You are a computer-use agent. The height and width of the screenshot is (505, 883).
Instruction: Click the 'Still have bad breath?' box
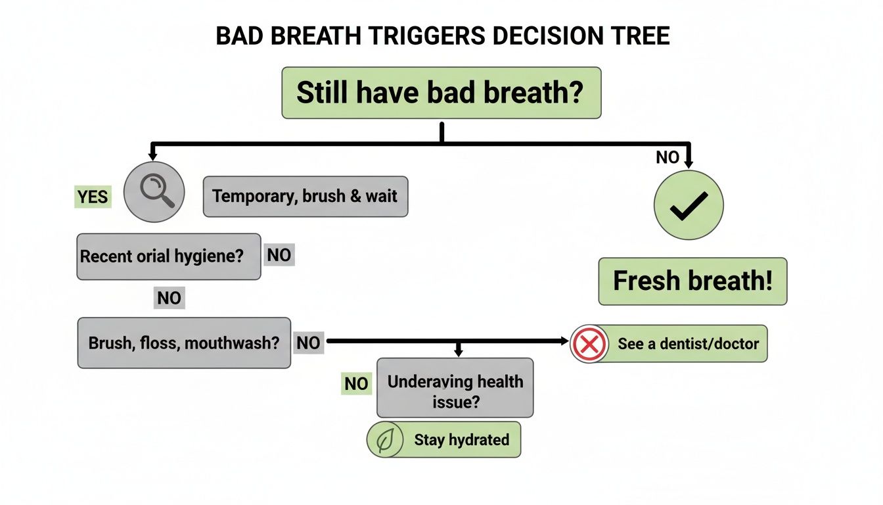(441, 93)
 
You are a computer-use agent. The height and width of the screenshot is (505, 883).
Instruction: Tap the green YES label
(93, 197)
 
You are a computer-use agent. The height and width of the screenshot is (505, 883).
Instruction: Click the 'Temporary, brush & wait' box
(306, 197)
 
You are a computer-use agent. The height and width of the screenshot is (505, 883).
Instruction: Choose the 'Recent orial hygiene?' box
(168, 256)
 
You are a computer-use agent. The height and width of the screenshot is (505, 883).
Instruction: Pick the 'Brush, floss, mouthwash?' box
(184, 343)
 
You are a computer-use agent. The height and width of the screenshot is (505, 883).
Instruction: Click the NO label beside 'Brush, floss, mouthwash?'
(308, 343)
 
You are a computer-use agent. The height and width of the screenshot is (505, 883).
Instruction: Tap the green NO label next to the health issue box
(356, 383)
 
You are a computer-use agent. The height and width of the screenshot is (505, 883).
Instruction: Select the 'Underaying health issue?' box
(455, 391)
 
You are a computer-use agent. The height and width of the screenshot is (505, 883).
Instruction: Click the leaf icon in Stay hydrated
(385, 440)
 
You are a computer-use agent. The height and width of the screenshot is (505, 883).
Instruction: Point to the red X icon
(589, 343)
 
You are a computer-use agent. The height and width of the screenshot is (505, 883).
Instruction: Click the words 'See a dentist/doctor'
(688, 343)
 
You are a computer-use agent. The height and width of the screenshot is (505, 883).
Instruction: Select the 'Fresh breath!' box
(692, 281)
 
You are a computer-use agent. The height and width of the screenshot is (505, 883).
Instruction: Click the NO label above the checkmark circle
(668, 157)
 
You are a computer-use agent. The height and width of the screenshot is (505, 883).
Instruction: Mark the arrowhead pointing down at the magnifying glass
(153, 156)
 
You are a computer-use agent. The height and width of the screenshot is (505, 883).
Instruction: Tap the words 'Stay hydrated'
(461, 440)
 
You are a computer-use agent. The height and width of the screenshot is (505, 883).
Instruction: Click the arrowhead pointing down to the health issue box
(459, 353)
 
